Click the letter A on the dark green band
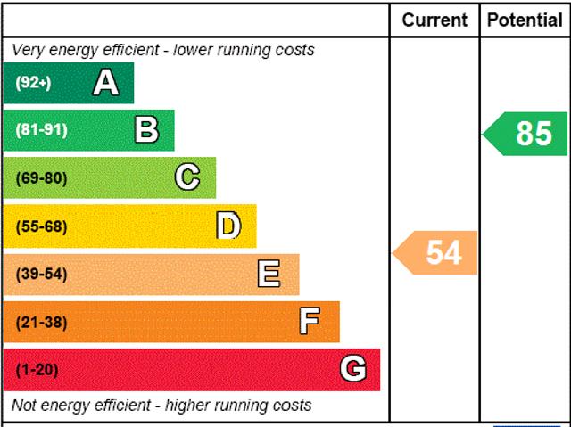click(105, 83)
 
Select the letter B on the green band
click(146, 130)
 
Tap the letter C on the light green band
click(187, 177)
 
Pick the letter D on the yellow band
click(228, 226)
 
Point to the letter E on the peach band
click(269, 274)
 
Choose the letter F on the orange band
click(310, 321)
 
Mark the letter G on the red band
click(353, 369)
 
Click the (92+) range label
click(34, 83)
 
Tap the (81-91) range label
click(41, 130)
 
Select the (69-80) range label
click(41, 178)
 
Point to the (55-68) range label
click(41, 226)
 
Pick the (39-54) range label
click(41, 274)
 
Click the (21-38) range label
click(41, 322)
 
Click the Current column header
click(434, 20)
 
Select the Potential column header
click(525, 20)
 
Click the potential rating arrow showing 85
click(526, 134)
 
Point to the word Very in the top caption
click(28, 50)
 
